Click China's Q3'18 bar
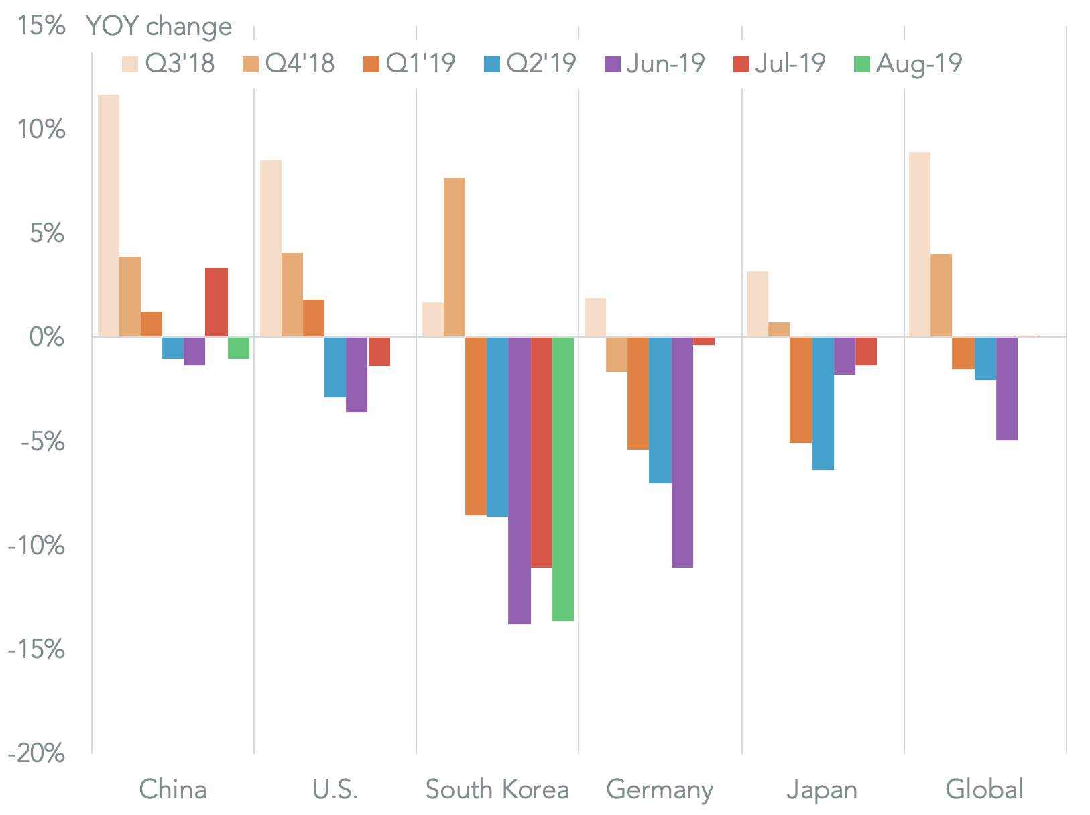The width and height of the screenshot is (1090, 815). point(109,215)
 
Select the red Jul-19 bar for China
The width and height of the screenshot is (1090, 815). point(216,302)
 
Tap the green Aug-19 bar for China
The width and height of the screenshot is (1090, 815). point(238,348)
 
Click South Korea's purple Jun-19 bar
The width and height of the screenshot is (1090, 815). point(519,480)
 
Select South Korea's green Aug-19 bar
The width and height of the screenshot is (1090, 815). point(562,479)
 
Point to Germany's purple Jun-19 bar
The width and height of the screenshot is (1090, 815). point(682,452)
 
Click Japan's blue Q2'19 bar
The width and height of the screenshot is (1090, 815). point(823,403)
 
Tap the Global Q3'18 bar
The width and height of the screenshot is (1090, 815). point(919,244)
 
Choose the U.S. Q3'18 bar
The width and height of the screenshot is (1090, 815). point(271,248)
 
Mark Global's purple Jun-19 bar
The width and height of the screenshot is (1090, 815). point(1006,388)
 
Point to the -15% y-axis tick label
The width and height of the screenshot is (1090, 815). point(37,649)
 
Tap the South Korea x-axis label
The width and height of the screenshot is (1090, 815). point(497,790)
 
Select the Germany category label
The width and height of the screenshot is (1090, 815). point(660,790)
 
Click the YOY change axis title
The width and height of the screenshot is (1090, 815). point(159,26)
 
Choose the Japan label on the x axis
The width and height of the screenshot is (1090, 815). point(822,790)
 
